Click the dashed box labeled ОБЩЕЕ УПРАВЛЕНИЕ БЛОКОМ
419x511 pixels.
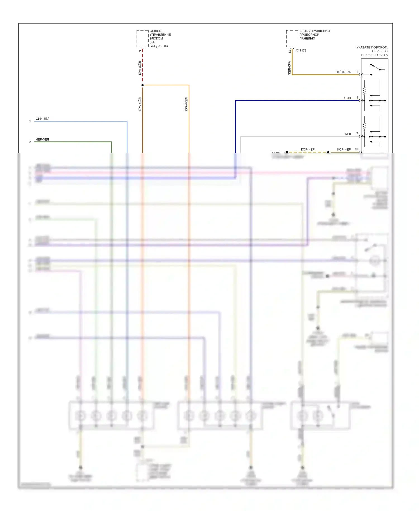(x=142, y=39)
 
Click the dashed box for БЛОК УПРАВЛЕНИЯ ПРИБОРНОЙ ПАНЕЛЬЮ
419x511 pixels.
(x=292, y=39)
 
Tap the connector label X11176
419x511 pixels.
(x=301, y=51)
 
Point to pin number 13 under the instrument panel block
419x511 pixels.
(x=290, y=51)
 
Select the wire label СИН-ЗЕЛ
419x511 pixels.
(x=42, y=119)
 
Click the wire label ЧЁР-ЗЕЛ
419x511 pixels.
(x=42, y=139)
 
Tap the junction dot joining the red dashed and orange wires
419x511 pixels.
(x=142, y=85)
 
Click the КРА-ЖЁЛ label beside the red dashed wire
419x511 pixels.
(x=140, y=68)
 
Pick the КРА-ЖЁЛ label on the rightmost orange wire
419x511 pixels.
(x=186, y=104)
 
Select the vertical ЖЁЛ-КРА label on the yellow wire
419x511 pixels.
(x=289, y=68)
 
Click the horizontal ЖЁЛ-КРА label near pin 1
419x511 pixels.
(x=344, y=72)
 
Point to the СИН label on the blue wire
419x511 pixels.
(x=347, y=98)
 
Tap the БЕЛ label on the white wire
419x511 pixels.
(x=348, y=134)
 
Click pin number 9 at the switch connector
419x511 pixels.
(x=357, y=98)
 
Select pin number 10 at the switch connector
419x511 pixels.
(x=356, y=149)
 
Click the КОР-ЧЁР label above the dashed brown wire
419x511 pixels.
(x=308, y=149)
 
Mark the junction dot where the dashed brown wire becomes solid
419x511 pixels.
(x=328, y=152)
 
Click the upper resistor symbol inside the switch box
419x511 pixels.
(x=364, y=91)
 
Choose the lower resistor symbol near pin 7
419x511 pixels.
(x=364, y=127)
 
